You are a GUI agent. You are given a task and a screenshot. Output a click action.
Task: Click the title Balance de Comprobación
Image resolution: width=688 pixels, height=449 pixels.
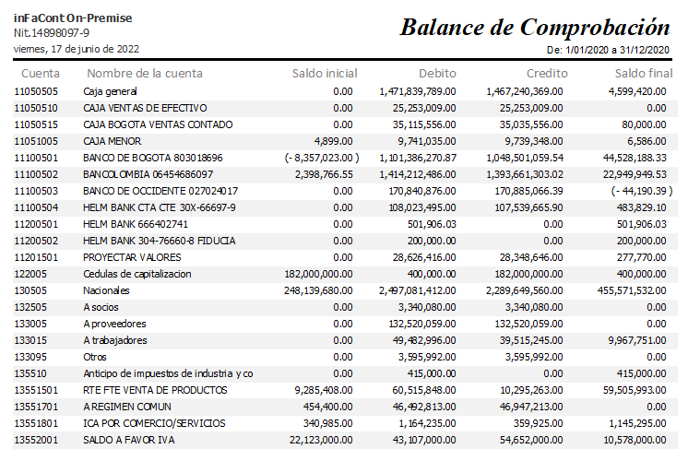click(535, 28)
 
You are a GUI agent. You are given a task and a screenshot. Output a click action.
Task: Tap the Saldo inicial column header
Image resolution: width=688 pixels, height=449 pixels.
click(325, 73)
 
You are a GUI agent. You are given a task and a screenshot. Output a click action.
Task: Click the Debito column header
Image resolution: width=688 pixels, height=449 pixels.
click(437, 73)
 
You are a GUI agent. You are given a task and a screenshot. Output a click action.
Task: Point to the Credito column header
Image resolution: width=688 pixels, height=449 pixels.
click(547, 73)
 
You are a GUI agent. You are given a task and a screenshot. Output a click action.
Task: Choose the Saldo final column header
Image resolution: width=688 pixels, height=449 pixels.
click(644, 73)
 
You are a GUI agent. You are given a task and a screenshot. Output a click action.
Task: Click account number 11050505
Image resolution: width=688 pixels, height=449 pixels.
click(36, 91)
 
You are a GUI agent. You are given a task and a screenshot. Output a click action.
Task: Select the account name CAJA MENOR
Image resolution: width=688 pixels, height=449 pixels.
click(113, 141)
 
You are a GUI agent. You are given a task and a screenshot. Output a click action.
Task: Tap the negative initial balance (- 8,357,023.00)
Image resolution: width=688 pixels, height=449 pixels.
click(322, 158)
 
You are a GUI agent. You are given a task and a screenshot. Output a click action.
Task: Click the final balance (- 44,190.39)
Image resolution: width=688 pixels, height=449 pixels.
click(642, 191)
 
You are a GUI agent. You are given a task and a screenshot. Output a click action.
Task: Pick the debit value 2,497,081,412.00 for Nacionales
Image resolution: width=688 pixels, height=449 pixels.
click(418, 290)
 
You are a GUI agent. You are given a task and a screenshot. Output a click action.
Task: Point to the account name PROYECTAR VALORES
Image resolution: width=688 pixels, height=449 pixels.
click(132, 257)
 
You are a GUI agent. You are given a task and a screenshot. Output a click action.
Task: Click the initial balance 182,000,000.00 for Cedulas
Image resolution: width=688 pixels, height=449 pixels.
click(318, 274)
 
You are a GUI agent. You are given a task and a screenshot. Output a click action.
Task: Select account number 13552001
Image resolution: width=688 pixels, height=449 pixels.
click(36, 440)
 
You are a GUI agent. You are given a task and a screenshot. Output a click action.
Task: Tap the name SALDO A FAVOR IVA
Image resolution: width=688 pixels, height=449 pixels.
click(129, 440)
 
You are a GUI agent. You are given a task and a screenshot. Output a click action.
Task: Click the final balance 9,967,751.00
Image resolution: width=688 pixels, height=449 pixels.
click(637, 341)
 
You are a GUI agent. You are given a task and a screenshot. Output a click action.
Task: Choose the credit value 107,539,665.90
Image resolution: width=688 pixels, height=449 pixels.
click(528, 207)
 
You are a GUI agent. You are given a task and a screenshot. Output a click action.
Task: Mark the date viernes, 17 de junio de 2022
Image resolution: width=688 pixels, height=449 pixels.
click(77, 49)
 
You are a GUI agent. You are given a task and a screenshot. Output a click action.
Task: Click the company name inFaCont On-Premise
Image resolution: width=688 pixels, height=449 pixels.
click(73, 18)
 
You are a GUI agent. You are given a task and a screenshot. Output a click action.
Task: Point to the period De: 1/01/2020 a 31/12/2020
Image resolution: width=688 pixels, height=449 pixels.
click(608, 50)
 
